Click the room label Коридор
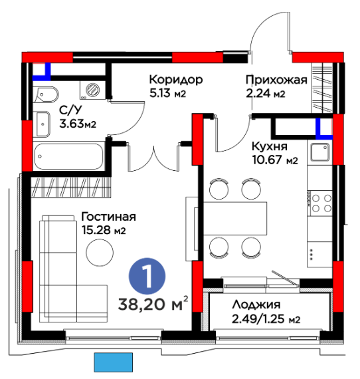(x=176, y=80)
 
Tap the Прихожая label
(x=276, y=80)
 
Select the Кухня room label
(x=270, y=146)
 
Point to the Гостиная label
(x=108, y=217)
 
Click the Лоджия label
(x=256, y=305)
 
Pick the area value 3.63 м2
(x=78, y=124)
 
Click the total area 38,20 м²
(x=153, y=303)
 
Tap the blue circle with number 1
(x=147, y=277)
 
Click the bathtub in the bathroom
(x=68, y=156)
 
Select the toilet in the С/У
(x=46, y=94)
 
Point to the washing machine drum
(x=92, y=90)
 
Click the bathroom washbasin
(x=43, y=124)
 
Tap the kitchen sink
(x=319, y=152)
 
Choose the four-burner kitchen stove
(x=319, y=203)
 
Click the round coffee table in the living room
(x=100, y=253)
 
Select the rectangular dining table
(x=235, y=219)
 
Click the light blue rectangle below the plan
(x=113, y=362)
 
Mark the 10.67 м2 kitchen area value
(x=275, y=160)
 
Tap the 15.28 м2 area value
(x=104, y=230)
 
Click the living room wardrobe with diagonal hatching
(x=71, y=188)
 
